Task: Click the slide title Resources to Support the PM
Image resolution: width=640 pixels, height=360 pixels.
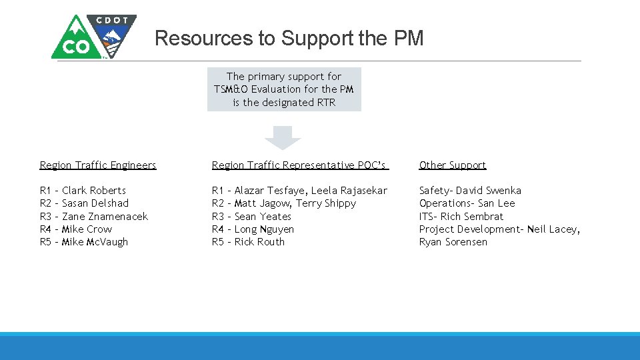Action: (x=289, y=39)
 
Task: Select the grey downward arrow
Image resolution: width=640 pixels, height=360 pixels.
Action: (x=283, y=137)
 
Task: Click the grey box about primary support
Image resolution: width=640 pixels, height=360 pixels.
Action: (x=284, y=89)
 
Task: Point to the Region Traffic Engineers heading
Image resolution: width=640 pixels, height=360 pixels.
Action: (x=98, y=165)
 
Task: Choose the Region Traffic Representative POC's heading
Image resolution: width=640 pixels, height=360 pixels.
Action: (x=299, y=165)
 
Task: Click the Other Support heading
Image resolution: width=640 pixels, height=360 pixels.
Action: (x=453, y=165)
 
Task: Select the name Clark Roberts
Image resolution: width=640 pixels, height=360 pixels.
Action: (x=94, y=191)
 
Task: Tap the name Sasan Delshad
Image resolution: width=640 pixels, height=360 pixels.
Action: (x=95, y=203)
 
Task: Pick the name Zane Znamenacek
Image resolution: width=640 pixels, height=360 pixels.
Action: (x=105, y=217)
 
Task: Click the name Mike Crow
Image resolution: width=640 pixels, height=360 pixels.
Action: (x=87, y=229)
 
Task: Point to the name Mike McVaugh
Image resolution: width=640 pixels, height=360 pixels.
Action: (x=95, y=242)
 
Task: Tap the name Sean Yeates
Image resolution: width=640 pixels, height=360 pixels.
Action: (x=263, y=217)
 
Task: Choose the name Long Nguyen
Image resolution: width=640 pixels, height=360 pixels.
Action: (x=264, y=229)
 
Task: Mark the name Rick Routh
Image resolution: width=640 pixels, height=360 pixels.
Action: (x=259, y=242)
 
